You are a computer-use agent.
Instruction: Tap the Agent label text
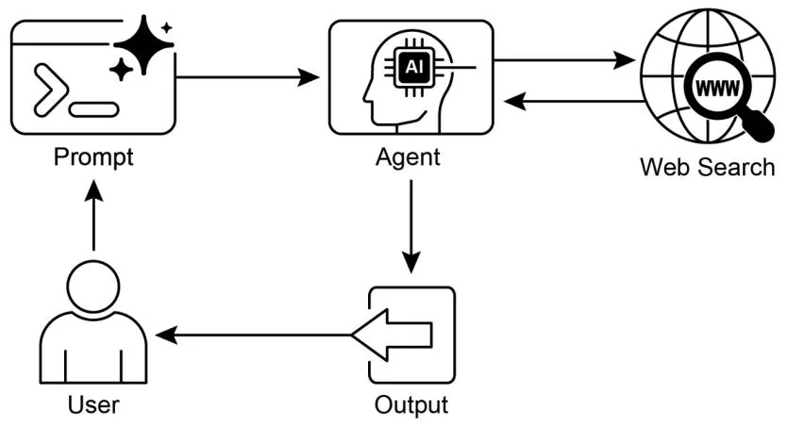pyautogui.click(x=407, y=156)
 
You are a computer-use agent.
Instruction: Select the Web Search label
pyautogui.click(x=707, y=167)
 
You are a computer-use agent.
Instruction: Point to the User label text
pyautogui.click(x=93, y=405)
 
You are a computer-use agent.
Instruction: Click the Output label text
pyautogui.click(x=411, y=405)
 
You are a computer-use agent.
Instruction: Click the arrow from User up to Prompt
pyautogui.click(x=92, y=216)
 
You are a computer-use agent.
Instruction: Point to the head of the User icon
pyautogui.click(x=93, y=287)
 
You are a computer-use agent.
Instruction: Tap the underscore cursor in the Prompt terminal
pyautogui.click(x=93, y=108)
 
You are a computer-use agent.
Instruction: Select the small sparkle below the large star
pyautogui.click(x=121, y=69)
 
